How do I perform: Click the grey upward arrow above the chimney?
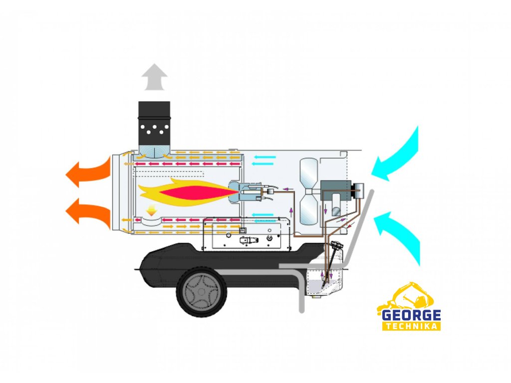[154, 78]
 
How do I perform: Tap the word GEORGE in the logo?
[411, 315]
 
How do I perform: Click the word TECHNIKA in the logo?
[411, 326]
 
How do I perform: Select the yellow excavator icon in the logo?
[407, 298]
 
